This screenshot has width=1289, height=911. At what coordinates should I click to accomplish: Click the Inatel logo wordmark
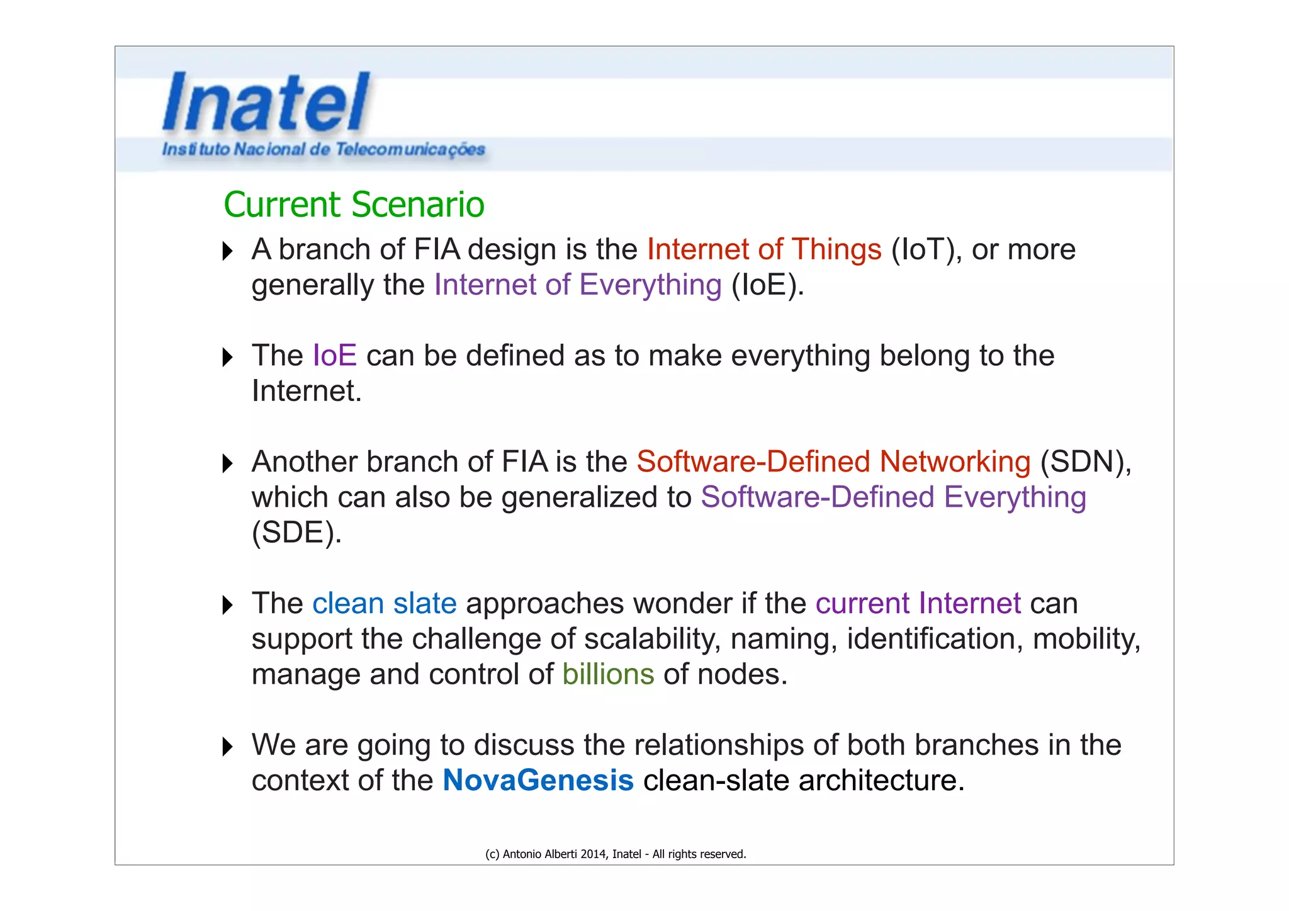266,102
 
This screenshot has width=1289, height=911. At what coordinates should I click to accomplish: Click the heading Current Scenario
354,205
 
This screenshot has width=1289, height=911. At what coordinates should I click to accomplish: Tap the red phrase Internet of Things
764,249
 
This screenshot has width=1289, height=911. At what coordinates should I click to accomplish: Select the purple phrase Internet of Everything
578,285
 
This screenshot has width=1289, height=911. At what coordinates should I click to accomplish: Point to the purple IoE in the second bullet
335,356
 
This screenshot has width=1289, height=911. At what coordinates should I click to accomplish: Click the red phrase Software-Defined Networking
833,461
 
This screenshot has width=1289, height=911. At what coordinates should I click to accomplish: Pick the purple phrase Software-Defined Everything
893,497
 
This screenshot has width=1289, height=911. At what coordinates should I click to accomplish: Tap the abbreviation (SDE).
296,533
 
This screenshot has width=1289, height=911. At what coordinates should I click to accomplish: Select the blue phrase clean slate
384,604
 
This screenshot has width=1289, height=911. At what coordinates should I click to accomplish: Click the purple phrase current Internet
918,604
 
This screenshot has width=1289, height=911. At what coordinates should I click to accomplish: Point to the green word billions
608,674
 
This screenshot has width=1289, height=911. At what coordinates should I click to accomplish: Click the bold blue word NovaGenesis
538,781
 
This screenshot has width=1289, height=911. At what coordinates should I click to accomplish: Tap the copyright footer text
616,854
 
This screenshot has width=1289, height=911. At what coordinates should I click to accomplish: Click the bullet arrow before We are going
228,747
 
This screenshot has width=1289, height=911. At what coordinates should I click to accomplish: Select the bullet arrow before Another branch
228,463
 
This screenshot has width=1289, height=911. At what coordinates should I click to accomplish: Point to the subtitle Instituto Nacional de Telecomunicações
324,149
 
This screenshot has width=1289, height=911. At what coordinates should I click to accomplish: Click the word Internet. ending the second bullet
307,391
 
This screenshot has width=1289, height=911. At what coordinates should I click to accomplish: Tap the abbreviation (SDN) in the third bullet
1085,461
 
